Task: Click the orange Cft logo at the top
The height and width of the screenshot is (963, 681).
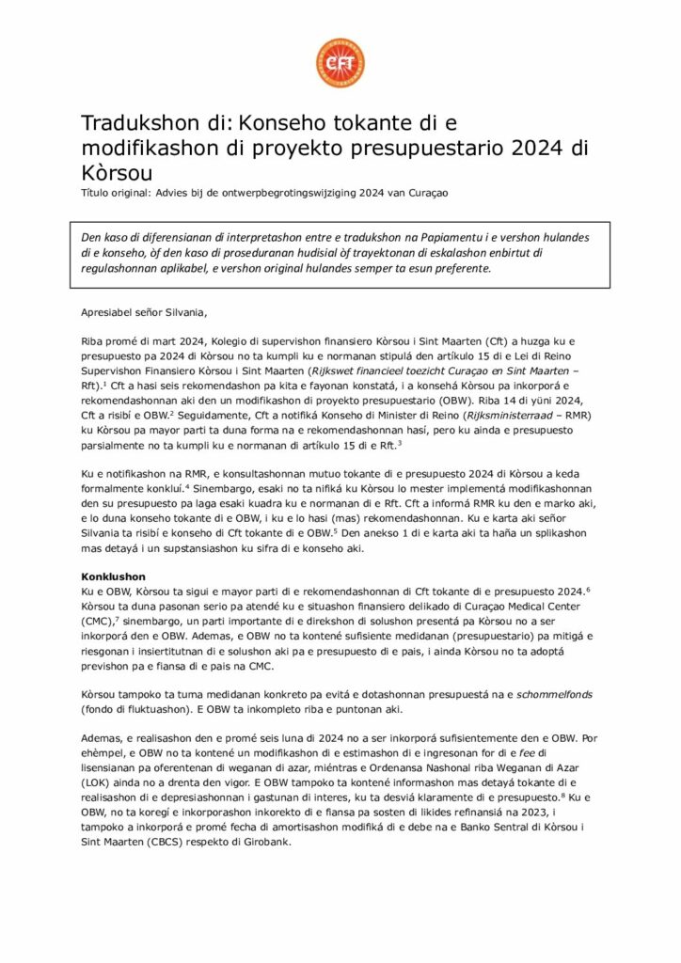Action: [x=340, y=63]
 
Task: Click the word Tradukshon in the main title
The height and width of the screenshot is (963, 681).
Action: [x=135, y=124]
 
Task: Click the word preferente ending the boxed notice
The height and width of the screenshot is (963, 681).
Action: [x=459, y=268]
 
